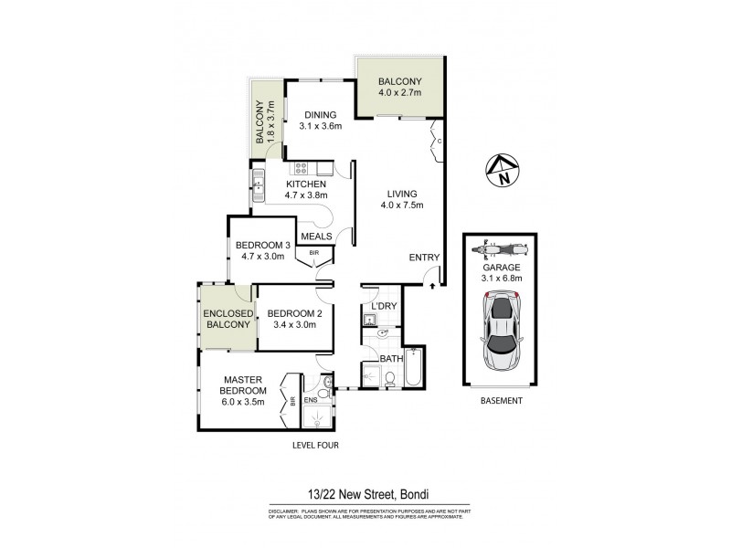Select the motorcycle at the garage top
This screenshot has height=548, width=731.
pos(501,248)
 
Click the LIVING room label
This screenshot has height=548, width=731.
pos(402,200)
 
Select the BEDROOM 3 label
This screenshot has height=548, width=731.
pos(261,250)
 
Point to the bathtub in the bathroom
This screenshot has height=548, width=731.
pos(412,370)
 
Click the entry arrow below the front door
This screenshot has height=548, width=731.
pos(432,287)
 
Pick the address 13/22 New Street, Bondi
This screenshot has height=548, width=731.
pos(365,490)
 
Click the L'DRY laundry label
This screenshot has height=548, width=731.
pos(383,305)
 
